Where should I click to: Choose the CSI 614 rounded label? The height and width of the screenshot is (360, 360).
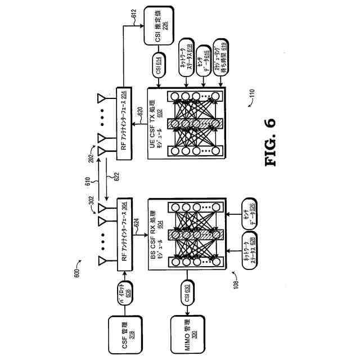point(159,66)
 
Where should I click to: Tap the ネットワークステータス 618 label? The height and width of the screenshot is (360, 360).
point(186,54)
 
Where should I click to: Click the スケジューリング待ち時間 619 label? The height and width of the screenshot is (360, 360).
point(217,54)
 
